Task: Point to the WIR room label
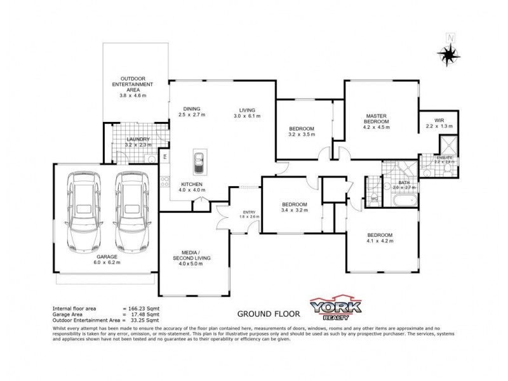pyautogui.click(x=439, y=120)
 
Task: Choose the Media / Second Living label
pyautogui.click(x=191, y=258)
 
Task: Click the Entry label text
pyautogui.click(x=249, y=212)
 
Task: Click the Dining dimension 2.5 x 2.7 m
pyautogui.click(x=191, y=115)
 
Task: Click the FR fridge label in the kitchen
pyautogui.click(x=164, y=156)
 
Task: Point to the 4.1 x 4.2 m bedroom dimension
pyautogui.click(x=380, y=241)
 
